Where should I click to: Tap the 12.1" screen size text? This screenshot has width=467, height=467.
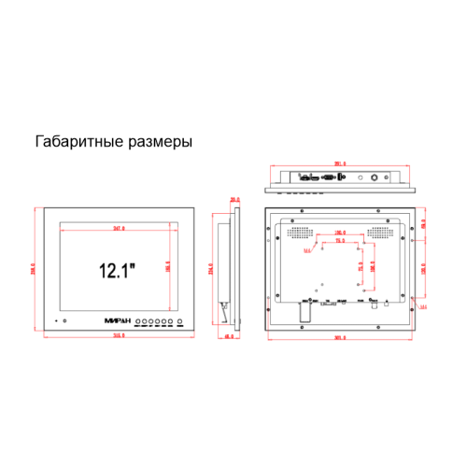118,271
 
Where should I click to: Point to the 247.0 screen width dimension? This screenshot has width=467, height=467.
119,227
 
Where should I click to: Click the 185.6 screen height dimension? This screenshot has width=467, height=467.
169,268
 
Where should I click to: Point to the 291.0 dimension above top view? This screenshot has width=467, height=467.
340,164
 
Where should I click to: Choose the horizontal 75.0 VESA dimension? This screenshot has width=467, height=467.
340,240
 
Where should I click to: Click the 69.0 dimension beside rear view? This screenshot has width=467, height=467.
423,224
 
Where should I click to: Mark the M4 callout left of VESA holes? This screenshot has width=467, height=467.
307,248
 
